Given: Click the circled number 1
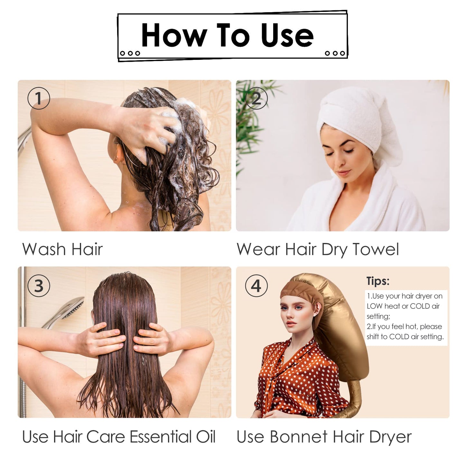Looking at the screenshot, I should (39, 98).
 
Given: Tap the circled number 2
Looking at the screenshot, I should (256, 98).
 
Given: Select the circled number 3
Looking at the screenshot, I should (39, 286).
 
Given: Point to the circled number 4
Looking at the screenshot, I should (256, 286).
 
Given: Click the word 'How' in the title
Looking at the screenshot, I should (174, 35).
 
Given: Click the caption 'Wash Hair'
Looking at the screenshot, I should (62, 249).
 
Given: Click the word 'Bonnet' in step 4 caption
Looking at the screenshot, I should (299, 437).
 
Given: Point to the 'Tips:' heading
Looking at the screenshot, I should (378, 281).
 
